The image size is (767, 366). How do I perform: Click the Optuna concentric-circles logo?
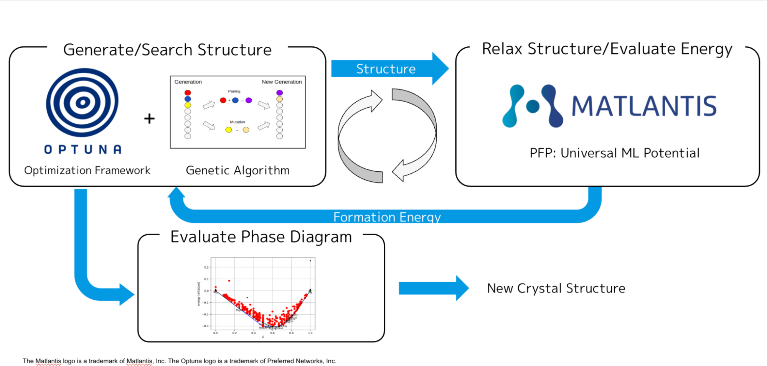tap(82, 102)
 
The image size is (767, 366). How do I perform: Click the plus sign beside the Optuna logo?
tap(149, 118)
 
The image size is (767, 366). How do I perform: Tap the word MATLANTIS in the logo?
tap(644, 106)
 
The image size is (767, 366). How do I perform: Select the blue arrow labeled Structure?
tap(388, 69)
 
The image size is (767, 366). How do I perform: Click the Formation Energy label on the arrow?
tap(387, 217)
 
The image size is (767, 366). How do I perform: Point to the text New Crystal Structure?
tap(556, 288)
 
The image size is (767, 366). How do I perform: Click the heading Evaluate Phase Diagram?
tap(261, 237)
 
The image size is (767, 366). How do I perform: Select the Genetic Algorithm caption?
tap(238, 170)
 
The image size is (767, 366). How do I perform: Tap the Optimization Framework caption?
tap(87, 170)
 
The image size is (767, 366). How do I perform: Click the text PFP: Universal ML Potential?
tap(614, 153)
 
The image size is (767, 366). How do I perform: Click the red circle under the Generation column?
tap(188, 93)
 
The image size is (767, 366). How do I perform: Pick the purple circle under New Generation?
tap(280, 93)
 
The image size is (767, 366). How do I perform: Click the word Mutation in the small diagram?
tap(237, 122)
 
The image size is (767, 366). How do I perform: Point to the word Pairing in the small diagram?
tap(234, 91)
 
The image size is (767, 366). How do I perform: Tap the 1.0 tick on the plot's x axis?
tap(310, 333)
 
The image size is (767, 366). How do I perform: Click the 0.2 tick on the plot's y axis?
tap(206, 267)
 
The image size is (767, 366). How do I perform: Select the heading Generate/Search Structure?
tap(167, 50)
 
